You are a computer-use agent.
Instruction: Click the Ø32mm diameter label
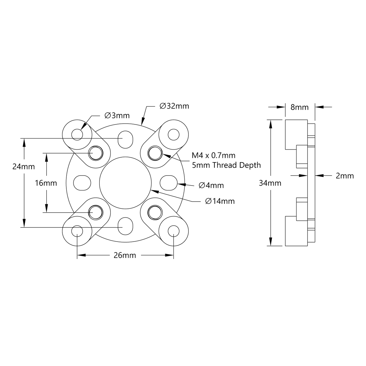point(174,106)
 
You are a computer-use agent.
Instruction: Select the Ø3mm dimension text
point(117,116)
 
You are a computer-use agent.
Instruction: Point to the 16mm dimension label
point(46,183)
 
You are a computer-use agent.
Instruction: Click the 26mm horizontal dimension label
point(125,255)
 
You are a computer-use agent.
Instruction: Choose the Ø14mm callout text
point(220,201)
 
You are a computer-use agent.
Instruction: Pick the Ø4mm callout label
point(211,186)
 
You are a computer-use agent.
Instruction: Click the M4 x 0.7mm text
point(213,155)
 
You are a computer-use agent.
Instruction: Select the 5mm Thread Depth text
point(226,165)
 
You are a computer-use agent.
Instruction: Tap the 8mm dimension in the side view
point(299,107)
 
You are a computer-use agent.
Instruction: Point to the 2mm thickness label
point(345,176)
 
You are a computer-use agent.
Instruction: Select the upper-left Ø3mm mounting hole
point(77,134)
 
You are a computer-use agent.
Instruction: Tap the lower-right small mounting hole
point(173,231)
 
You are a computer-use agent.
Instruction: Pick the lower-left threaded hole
point(95,212)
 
